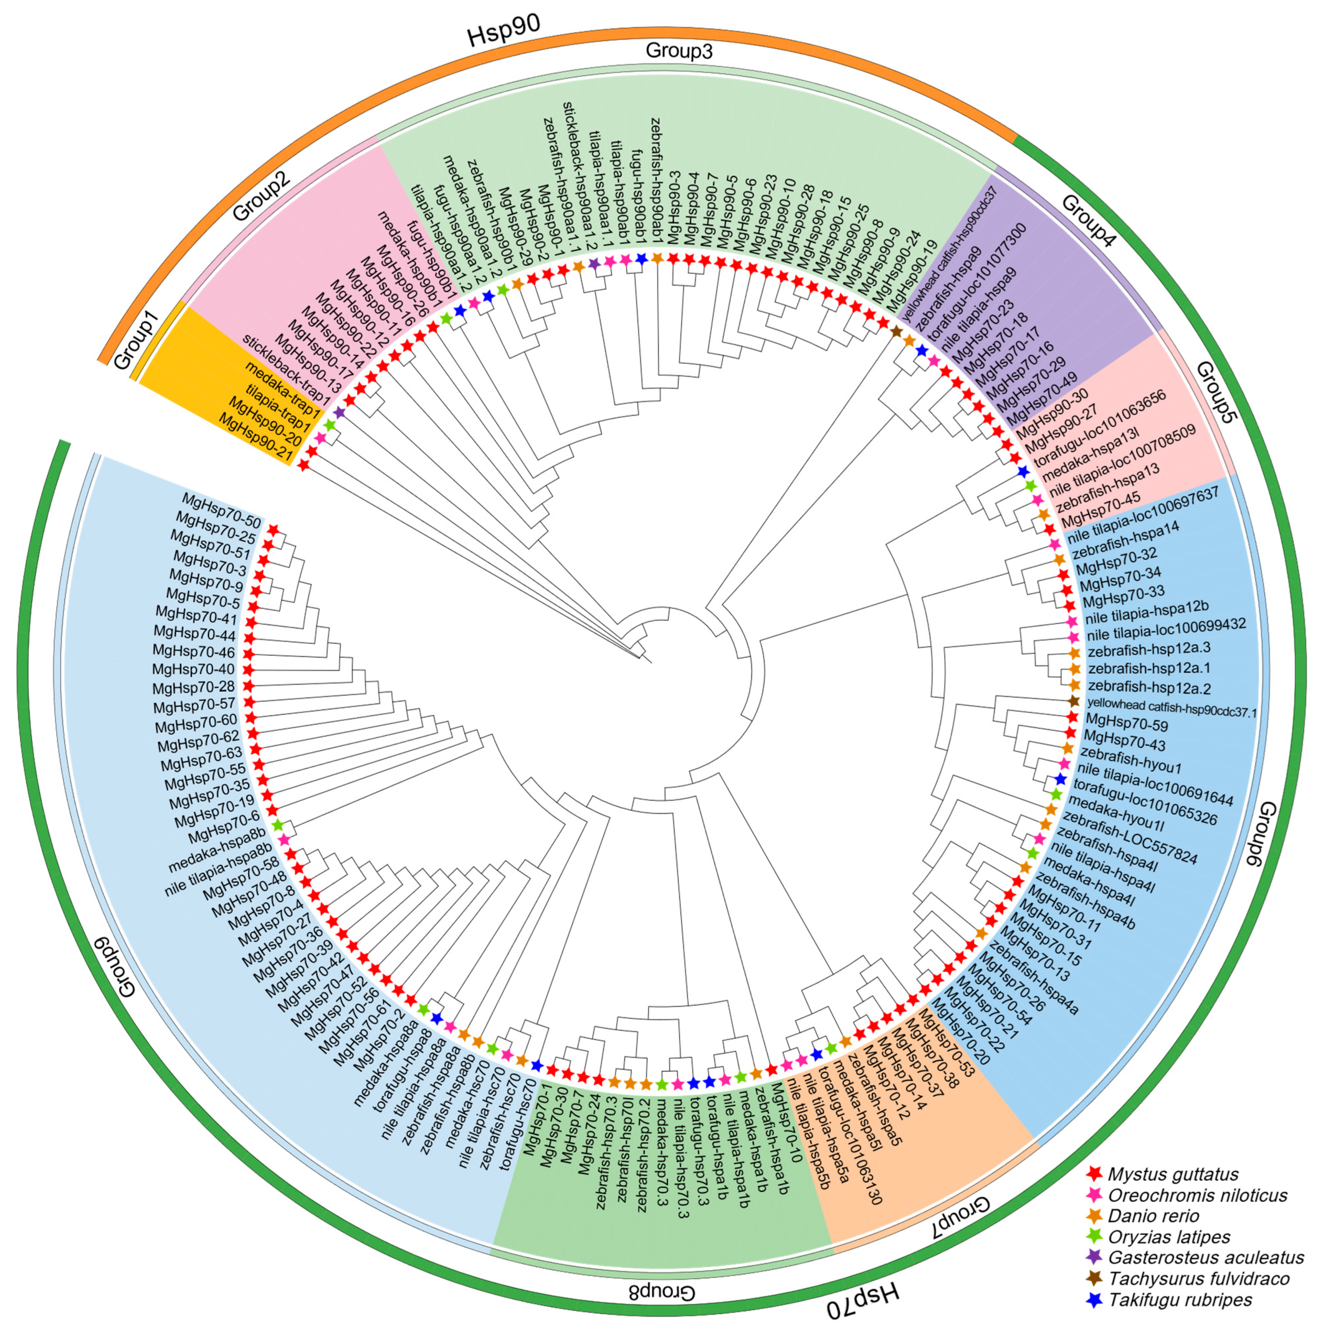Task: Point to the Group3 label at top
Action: [679, 50]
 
